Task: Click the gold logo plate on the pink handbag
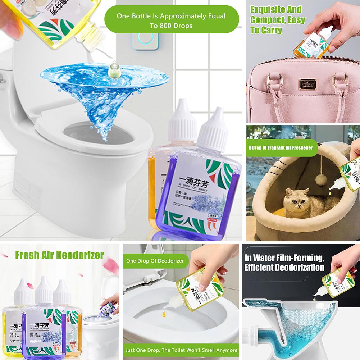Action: point(303,86)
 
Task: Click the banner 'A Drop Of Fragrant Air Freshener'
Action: point(280,147)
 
